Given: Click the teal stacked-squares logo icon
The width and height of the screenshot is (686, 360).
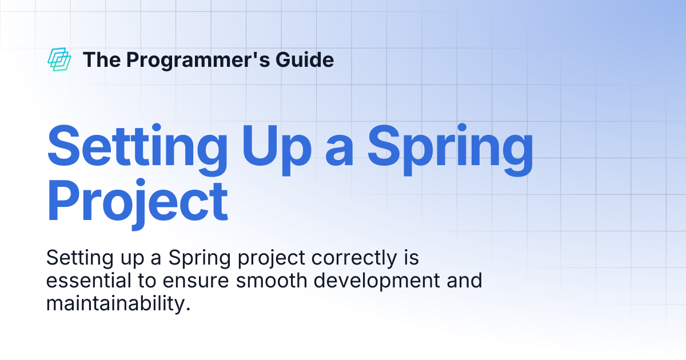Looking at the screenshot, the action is point(59,59).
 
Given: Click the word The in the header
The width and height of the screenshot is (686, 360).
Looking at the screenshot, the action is point(102,59).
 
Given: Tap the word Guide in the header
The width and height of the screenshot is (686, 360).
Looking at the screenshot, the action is point(305,59).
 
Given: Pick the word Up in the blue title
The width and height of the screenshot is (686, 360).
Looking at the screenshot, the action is point(277,150).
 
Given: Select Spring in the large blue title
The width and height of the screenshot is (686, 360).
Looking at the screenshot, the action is point(450,150).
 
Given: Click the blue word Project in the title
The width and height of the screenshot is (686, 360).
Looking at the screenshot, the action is point(137,204).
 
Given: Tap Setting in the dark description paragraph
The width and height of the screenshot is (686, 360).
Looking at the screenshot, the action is point(79,258).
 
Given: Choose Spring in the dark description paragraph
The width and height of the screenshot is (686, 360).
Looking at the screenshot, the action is point(200,258).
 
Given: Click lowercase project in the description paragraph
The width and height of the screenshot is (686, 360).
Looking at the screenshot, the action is point(272,258).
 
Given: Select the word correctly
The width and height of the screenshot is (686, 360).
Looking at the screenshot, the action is point(354,258).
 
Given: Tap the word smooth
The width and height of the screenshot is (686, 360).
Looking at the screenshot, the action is point(272,281).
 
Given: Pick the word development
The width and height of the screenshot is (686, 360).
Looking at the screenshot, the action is point(377,281).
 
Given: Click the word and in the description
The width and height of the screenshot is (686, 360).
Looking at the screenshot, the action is point(465,281).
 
